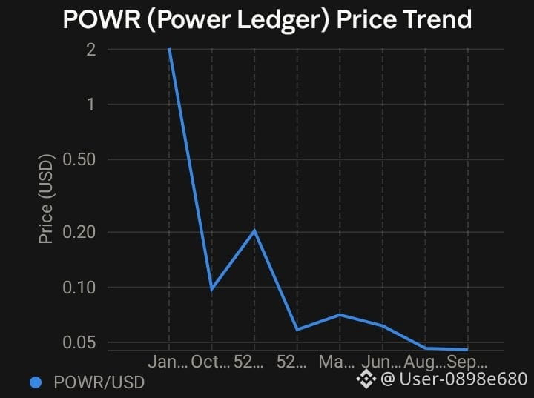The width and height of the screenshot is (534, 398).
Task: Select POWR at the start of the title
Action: [x=102, y=19]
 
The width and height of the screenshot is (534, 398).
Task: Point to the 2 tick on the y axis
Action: [x=91, y=50]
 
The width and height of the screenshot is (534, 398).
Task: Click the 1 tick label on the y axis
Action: [x=91, y=105]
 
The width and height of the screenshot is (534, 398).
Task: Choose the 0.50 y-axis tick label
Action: [x=79, y=159]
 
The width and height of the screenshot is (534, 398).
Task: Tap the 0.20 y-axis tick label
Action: [x=79, y=232]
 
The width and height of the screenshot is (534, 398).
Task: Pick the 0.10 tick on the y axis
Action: [x=79, y=288]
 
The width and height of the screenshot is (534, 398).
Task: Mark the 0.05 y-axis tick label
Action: [x=79, y=342]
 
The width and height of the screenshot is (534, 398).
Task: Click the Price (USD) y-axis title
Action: [x=46, y=199]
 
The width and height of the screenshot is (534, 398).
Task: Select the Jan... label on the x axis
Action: [x=168, y=362]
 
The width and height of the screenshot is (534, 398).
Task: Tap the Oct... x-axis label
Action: [x=211, y=362]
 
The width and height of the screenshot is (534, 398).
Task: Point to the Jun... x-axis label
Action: [x=382, y=362]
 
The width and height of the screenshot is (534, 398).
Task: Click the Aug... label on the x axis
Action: [x=424, y=362]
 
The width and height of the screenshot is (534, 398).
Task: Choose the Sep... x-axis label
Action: [x=467, y=362]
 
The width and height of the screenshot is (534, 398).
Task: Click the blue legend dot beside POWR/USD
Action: [x=36, y=382]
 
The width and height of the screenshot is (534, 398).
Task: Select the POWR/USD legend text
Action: [x=99, y=382]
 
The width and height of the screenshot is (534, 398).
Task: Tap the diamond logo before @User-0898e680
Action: [x=366, y=379]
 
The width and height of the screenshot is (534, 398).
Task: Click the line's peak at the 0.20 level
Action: [x=254, y=231]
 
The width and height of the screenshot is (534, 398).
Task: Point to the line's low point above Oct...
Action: [x=212, y=289]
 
